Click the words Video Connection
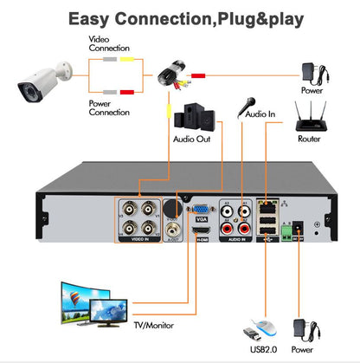coord(108,43)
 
